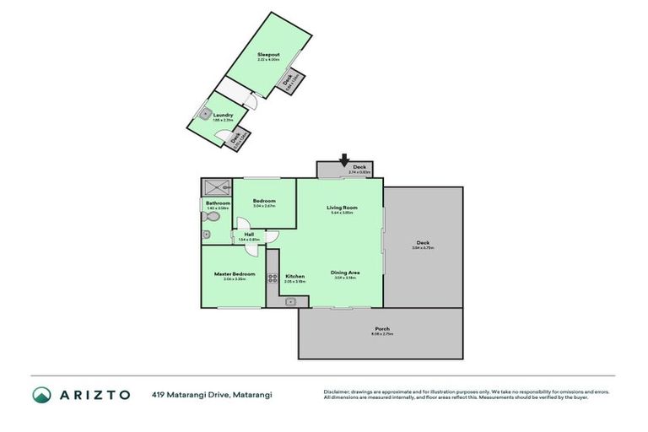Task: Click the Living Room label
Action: coord(343,208)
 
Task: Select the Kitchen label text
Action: coord(294,276)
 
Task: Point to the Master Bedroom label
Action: coord(234,273)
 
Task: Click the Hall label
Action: coord(249,235)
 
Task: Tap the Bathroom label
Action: coord(218,202)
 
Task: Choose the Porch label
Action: coord(382,328)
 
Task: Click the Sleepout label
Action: coord(268,54)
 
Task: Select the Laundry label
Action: coord(223,115)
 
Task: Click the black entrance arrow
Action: coord(344,159)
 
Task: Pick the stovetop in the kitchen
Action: coord(273,278)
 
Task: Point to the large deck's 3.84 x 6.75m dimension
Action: coord(422,248)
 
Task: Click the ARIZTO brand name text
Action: coord(95,395)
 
